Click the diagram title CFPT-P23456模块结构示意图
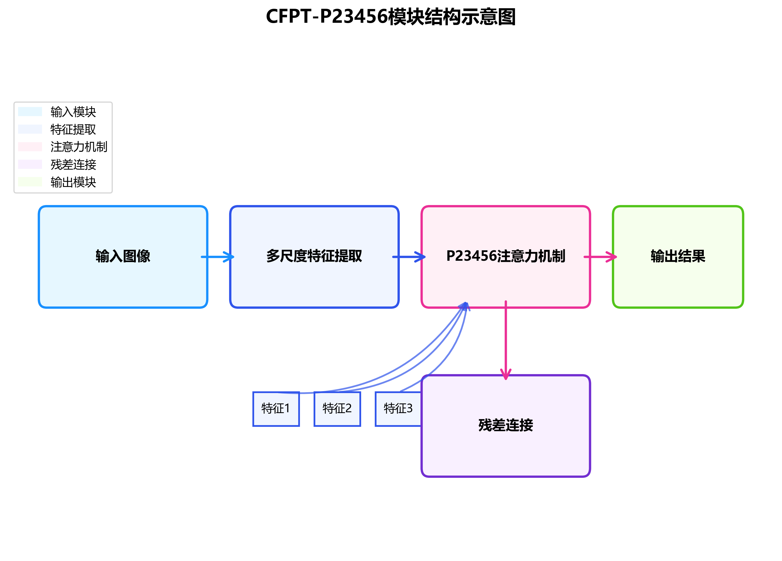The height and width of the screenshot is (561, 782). (391, 16)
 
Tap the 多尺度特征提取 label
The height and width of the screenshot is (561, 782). (314, 256)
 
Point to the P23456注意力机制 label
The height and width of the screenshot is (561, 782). (505, 256)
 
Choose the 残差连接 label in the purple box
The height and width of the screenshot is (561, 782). (505, 425)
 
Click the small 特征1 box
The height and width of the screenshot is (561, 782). (276, 409)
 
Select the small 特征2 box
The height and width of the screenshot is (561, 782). (337, 409)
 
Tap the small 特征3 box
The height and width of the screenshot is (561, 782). (398, 409)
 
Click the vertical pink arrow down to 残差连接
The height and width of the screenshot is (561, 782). (505, 341)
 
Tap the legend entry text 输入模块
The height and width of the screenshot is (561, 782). (73, 112)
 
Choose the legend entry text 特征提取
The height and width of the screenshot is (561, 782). (73, 129)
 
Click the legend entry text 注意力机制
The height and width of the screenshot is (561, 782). (79, 147)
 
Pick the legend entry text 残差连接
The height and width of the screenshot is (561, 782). (73, 164)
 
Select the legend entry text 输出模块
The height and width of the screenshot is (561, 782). (73, 182)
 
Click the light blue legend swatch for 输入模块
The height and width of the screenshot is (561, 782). (30, 112)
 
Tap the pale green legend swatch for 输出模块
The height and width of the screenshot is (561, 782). (30, 182)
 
